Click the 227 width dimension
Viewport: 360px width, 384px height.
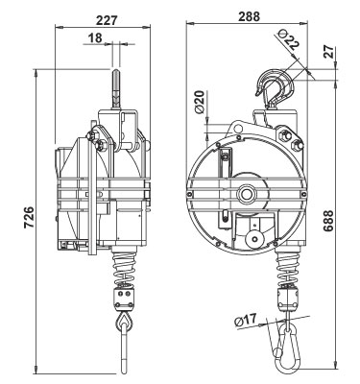click(x=106, y=20)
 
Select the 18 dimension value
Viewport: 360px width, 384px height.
click(x=95, y=37)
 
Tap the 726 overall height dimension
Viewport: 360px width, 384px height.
click(x=29, y=217)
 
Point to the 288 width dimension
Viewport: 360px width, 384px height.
click(x=249, y=16)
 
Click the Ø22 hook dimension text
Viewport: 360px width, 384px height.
click(x=288, y=39)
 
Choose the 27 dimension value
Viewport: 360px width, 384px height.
click(x=328, y=51)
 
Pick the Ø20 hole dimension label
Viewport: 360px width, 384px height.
click(x=199, y=102)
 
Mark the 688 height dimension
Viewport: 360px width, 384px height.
click(x=328, y=221)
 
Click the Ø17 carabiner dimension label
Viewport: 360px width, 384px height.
click(x=246, y=320)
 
